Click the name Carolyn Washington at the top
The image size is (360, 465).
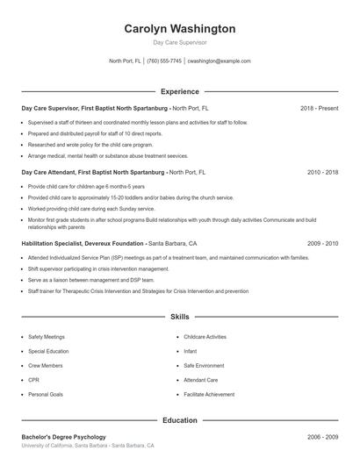pos(179,28)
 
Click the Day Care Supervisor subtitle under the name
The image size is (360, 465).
pos(179,42)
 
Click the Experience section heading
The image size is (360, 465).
pos(179,91)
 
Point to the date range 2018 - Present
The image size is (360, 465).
pos(319,108)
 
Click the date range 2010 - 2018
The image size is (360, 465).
pos(322,173)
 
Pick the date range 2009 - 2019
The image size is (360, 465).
pos(322,243)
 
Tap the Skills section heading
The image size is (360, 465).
pos(179,316)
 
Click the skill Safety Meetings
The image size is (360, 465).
pos(46,337)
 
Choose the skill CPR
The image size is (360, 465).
pos(33,380)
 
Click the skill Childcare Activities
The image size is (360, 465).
pos(205,337)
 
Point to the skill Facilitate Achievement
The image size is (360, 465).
pos(209,395)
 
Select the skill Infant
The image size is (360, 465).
pos(190,351)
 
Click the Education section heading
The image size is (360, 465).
pos(179,420)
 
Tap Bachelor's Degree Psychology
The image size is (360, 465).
pos(63,437)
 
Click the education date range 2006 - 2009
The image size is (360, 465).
pos(322,437)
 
